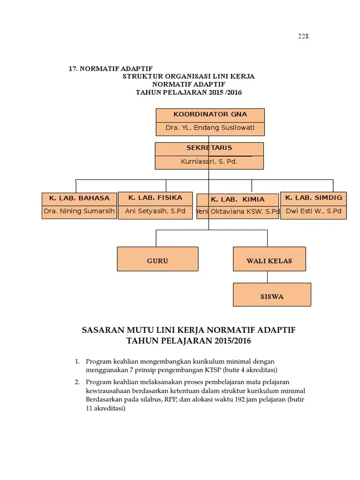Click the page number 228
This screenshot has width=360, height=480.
303,37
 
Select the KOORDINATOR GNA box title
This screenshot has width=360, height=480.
210,114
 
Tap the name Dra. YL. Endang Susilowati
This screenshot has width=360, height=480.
210,127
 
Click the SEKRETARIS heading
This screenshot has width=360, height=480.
209,148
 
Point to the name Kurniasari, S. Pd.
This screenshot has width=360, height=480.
209,162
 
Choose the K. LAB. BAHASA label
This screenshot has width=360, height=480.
79,198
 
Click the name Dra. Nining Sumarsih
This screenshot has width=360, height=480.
79,211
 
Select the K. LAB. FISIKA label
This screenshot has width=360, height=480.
155,198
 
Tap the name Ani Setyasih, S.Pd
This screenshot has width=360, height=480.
155,211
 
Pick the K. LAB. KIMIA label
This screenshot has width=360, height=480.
238,199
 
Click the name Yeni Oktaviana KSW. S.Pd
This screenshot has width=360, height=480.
238,212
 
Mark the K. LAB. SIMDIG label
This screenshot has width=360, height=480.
314,198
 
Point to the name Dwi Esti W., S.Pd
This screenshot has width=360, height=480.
314,211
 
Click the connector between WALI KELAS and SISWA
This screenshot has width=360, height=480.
268,277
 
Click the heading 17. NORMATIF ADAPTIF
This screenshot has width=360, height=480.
111,68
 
